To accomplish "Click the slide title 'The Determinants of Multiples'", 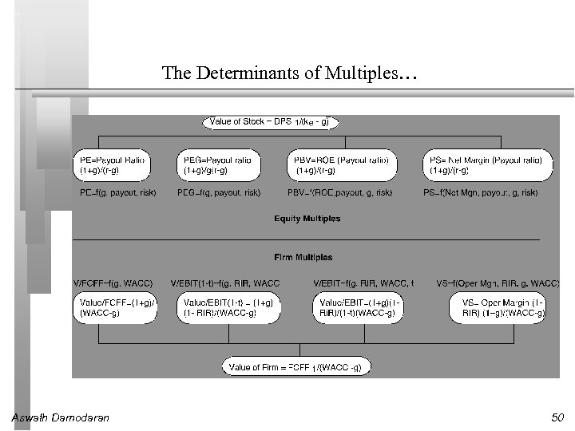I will (x=289, y=74).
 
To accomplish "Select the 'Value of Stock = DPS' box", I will (x=271, y=122).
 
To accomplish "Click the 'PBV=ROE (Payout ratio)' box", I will (x=343, y=165).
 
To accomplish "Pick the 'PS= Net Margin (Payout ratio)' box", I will (x=487, y=165).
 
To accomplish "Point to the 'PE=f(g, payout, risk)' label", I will (x=118, y=193).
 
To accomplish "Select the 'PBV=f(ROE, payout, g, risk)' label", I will (x=339, y=193).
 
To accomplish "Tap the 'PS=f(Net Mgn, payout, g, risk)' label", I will (x=481, y=193).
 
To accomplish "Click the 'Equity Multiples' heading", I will (x=307, y=219).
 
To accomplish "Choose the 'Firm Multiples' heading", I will (x=303, y=257).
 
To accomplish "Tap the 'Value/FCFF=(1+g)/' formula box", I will (x=117, y=308).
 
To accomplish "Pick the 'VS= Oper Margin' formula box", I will (x=501, y=308).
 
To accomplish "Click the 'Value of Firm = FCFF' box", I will (x=296, y=367).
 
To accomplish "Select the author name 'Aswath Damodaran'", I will (x=61, y=417).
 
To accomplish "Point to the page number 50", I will (x=557, y=417).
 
